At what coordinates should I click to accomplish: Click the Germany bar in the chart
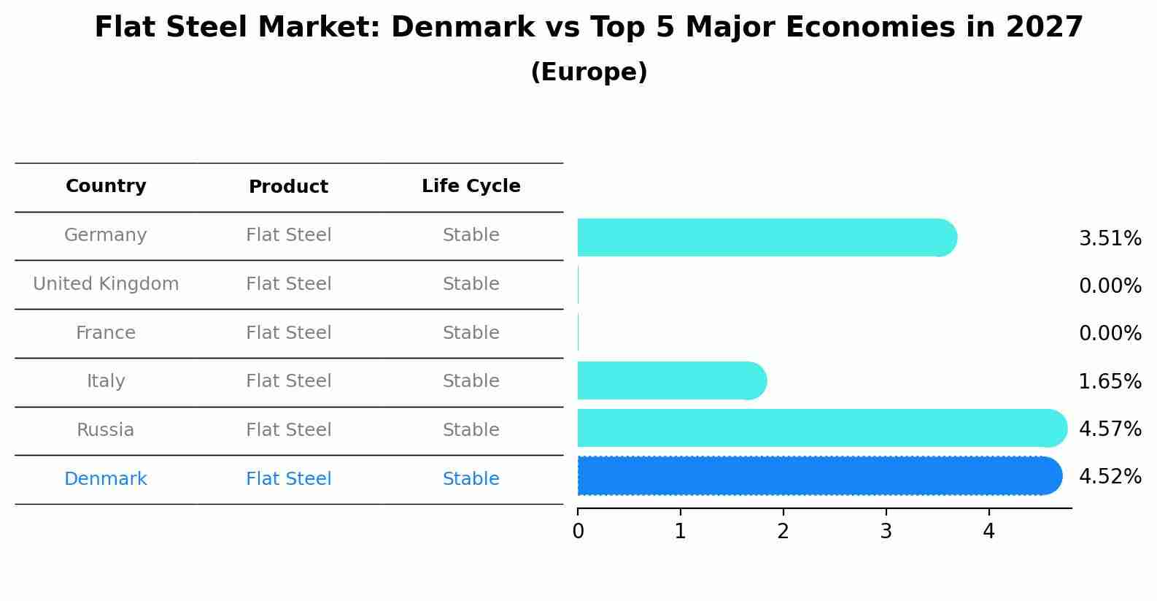tap(766, 237)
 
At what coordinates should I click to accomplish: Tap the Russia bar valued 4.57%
tap(821, 428)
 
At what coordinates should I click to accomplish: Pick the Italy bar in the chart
tap(671, 380)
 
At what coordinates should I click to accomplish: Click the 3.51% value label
tap(1110, 239)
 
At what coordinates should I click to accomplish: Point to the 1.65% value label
tap(1110, 381)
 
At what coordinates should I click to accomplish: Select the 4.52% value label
tap(1110, 477)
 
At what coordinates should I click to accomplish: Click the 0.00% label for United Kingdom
tap(1110, 286)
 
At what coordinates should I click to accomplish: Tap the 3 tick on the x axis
tap(886, 532)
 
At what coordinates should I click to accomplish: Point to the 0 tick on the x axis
tap(578, 532)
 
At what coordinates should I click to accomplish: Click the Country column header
tap(106, 186)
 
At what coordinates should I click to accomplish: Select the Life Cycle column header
tap(471, 186)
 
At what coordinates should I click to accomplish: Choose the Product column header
tap(288, 187)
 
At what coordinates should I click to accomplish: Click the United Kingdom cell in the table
tap(106, 284)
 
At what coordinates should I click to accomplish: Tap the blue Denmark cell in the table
tap(106, 479)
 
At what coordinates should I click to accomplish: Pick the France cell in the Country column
tap(106, 333)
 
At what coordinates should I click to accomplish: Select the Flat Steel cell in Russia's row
tap(288, 430)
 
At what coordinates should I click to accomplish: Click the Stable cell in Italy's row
tap(471, 381)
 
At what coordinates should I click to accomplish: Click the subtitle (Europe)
tap(589, 72)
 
